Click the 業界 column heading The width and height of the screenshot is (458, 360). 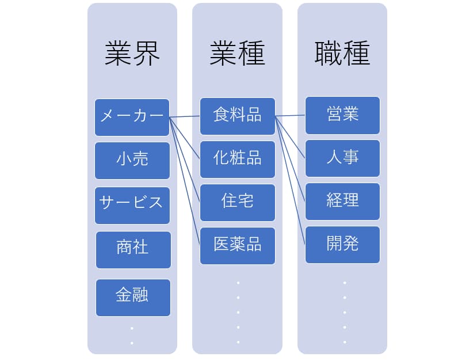point(132,53)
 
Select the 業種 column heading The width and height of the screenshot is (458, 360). point(237,53)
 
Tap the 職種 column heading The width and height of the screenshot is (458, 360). point(342,53)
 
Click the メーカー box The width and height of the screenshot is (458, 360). point(132,118)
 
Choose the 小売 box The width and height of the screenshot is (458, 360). point(132,161)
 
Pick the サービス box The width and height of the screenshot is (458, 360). point(132,206)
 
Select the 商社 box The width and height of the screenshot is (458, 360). point(133,250)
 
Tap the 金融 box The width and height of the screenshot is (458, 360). point(133,298)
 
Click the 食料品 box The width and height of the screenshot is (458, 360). point(238,116)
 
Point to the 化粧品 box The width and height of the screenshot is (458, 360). point(238,160)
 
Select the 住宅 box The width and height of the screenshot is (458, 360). point(238,203)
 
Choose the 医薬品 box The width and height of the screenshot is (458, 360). point(238,246)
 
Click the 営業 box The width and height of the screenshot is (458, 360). point(342,116)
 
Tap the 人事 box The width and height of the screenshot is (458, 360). point(342,158)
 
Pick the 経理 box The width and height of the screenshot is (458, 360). point(342,202)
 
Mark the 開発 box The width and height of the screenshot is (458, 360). point(342,245)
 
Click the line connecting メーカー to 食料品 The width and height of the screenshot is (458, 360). point(185,117)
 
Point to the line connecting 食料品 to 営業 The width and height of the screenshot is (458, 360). point(290,116)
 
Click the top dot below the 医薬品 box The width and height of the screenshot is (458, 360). point(238,283)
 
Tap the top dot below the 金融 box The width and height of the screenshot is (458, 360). point(132,328)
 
